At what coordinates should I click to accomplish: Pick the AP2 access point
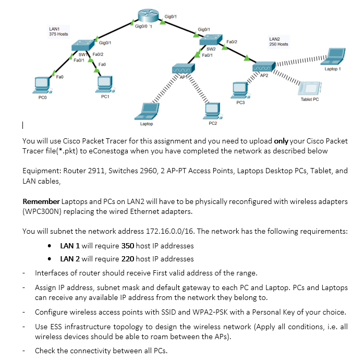[261, 68]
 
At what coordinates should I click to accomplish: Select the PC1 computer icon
[105, 83]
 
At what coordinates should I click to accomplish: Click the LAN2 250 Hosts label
[278, 42]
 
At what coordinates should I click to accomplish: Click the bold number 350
[128, 246]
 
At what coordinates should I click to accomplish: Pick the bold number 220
[128, 259]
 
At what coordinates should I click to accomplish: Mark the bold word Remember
[41, 201]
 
